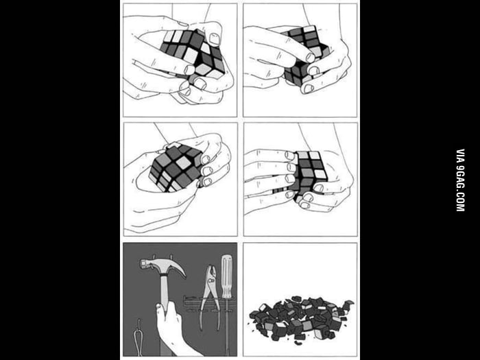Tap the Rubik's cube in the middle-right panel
pyautogui.click(x=309, y=174)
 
